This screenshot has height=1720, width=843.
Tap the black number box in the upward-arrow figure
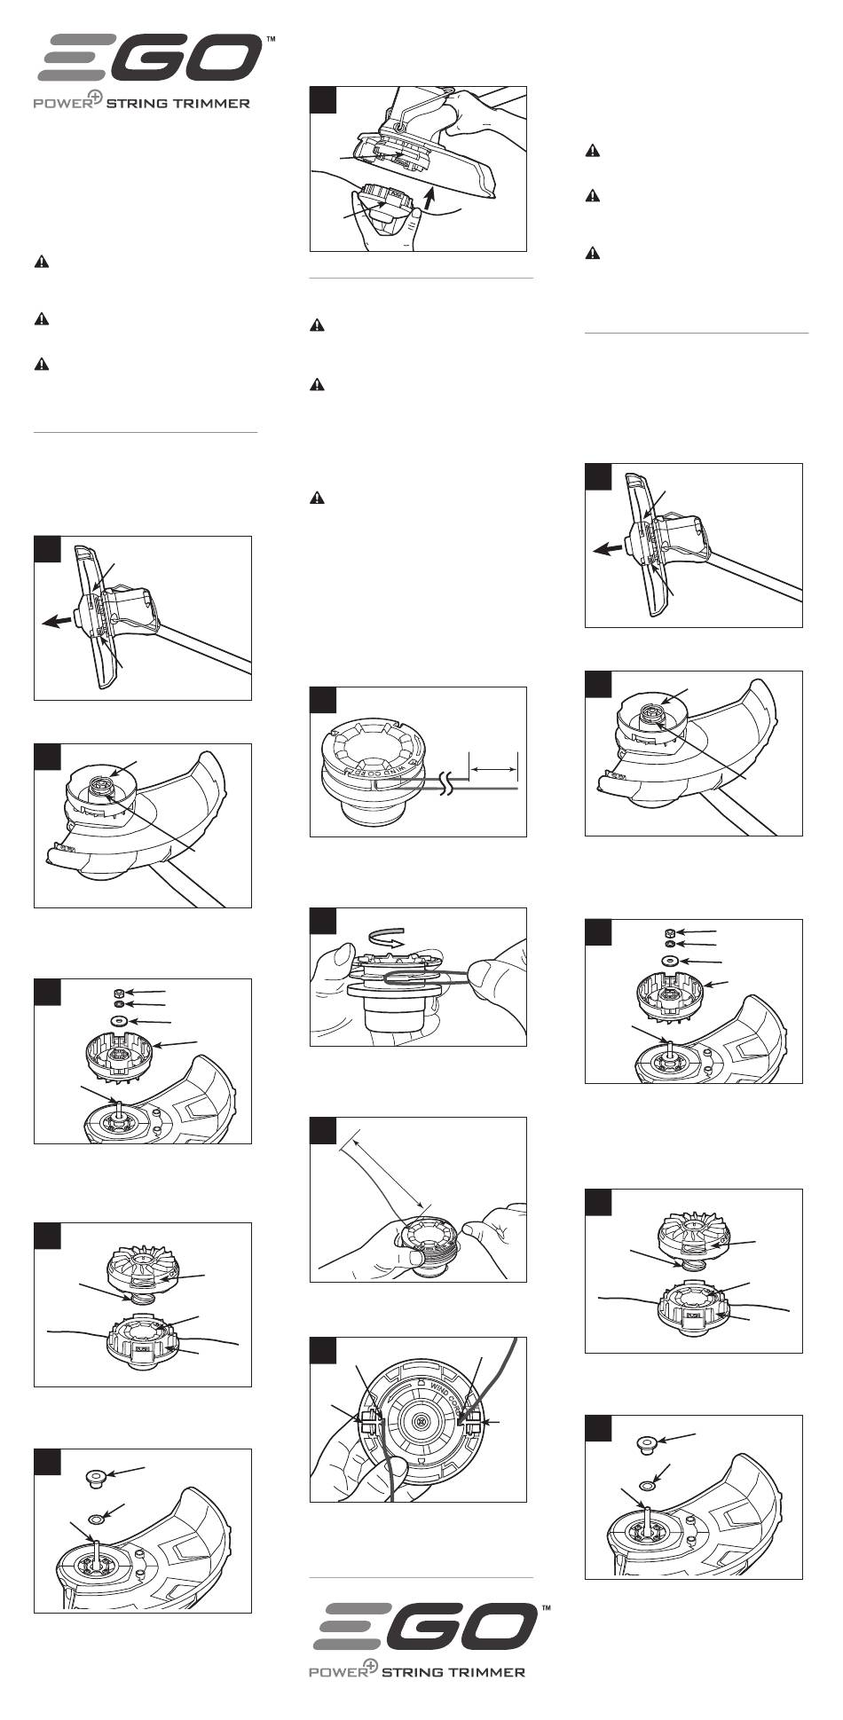[323, 99]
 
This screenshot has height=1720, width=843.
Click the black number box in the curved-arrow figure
[323, 921]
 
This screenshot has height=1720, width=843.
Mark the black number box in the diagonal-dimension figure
[323, 1130]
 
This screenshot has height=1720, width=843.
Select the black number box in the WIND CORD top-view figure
[323, 1350]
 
